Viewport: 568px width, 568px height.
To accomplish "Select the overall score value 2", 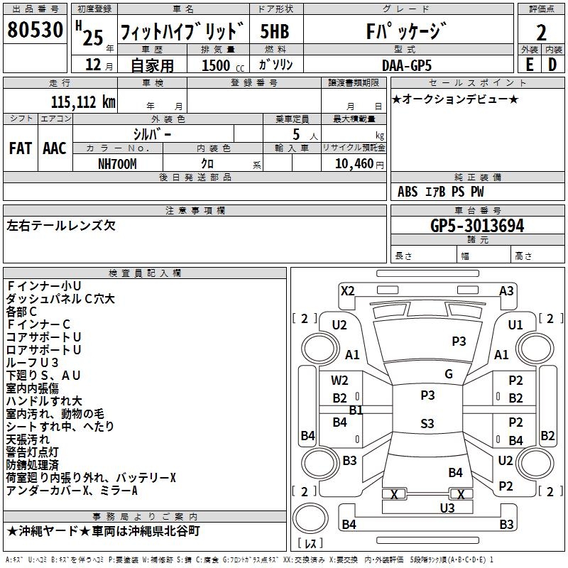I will point(541,32).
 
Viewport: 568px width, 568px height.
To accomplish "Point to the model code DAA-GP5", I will point(405,65).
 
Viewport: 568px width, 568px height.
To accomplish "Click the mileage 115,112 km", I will point(83,102).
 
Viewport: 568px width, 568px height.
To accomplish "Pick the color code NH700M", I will point(117,163).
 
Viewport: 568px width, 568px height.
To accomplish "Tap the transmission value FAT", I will point(20,148).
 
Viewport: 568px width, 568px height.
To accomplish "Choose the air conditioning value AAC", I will point(54,148).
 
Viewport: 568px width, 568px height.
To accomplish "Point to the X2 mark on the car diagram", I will point(347,290).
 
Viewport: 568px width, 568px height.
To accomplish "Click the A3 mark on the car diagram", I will point(506,290).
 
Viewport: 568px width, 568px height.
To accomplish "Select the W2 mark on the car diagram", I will point(340,381).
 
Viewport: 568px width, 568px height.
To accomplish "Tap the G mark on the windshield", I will point(448,373).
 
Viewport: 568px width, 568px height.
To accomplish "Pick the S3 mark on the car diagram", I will point(427,424).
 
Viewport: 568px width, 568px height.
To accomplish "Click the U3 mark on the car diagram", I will point(447,508).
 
